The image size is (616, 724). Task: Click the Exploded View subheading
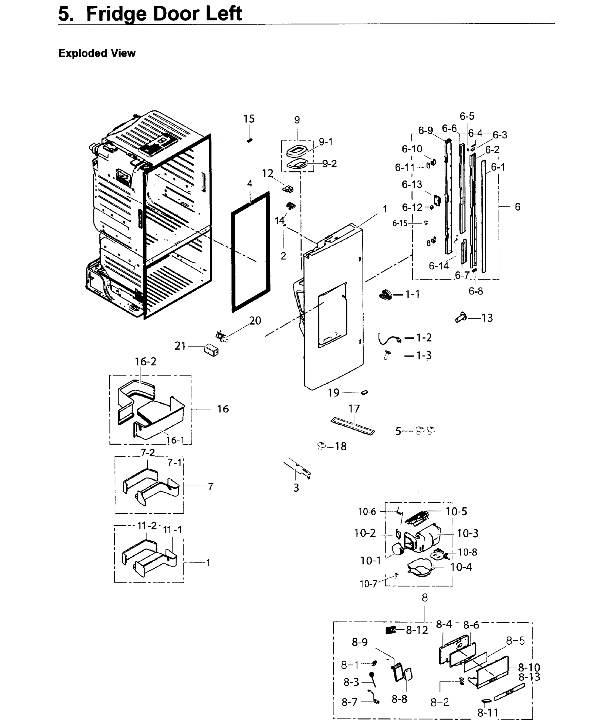[x=97, y=53]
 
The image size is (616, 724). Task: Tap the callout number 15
[x=249, y=119]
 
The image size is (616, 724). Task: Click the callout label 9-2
[x=329, y=164]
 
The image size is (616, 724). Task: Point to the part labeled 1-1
[x=385, y=295]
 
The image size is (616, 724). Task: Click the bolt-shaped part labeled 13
[x=461, y=317]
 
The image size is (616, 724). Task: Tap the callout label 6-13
[x=412, y=184]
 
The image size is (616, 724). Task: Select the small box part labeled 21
[x=211, y=350]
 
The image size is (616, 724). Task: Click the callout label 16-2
[x=146, y=361]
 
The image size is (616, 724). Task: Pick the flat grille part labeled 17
[x=353, y=425]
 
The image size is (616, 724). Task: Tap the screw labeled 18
[x=322, y=446]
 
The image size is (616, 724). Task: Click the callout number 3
[x=296, y=487]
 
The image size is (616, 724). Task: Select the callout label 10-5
[x=456, y=511]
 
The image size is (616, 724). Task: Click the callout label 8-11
[x=487, y=713]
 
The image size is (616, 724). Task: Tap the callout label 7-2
[x=148, y=453]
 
